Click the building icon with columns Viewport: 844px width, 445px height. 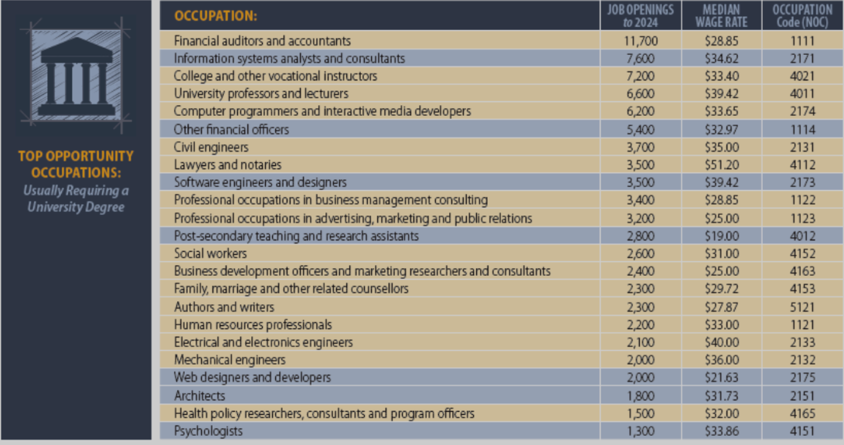76,76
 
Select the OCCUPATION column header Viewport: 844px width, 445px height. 215,15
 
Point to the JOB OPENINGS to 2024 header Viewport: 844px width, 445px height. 640,15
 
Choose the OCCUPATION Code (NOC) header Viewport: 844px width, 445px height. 802,15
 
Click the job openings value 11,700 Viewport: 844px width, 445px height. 640,40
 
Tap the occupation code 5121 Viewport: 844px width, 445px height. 802,307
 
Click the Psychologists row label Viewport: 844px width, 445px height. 208,431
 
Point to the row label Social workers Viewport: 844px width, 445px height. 210,253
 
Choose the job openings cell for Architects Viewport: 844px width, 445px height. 640,396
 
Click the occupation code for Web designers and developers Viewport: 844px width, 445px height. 802,378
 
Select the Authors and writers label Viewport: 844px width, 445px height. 223,307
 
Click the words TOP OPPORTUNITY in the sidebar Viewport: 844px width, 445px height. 76,156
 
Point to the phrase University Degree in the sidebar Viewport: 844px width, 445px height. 76,207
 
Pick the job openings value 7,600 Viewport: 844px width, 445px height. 640,58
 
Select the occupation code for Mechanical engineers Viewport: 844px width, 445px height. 802,360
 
